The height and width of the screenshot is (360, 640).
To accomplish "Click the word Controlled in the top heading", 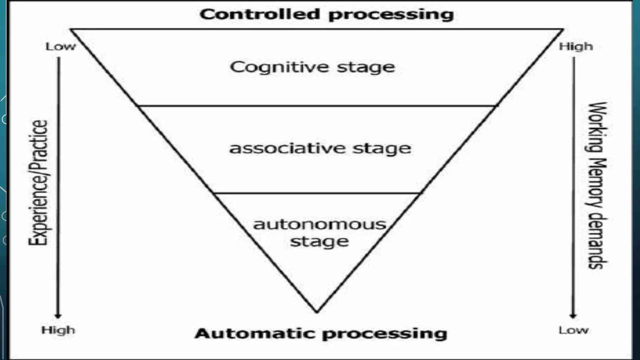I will pyautogui.click(x=260, y=14).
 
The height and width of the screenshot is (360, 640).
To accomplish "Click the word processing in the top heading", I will pyautogui.click(x=391, y=15).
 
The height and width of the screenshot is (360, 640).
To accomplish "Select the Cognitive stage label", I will pyautogui.click(x=312, y=67).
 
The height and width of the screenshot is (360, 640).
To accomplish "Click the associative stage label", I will pyautogui.click(x=320, y=148).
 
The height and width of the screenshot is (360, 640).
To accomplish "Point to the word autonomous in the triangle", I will pyautogui.click(x=319, y=224).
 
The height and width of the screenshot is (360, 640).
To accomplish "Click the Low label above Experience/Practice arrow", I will pyautogui.click(x=61, y=47).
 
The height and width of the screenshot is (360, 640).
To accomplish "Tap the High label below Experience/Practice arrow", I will pyautogui.click(x=58, y=330).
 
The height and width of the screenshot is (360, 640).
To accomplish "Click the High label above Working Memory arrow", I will pyautogui.click(x=576, y=47).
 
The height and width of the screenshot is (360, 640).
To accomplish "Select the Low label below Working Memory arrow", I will pyautogui.click(x=573, y=330).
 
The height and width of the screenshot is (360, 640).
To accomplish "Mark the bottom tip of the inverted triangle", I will pyautogui.click(x=317, y=311).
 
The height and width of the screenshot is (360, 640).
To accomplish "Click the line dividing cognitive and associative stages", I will pyautogui.click(x=317, y=106).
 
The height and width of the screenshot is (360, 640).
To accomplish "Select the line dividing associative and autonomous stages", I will pyautogui.click(x=317, y=193).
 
